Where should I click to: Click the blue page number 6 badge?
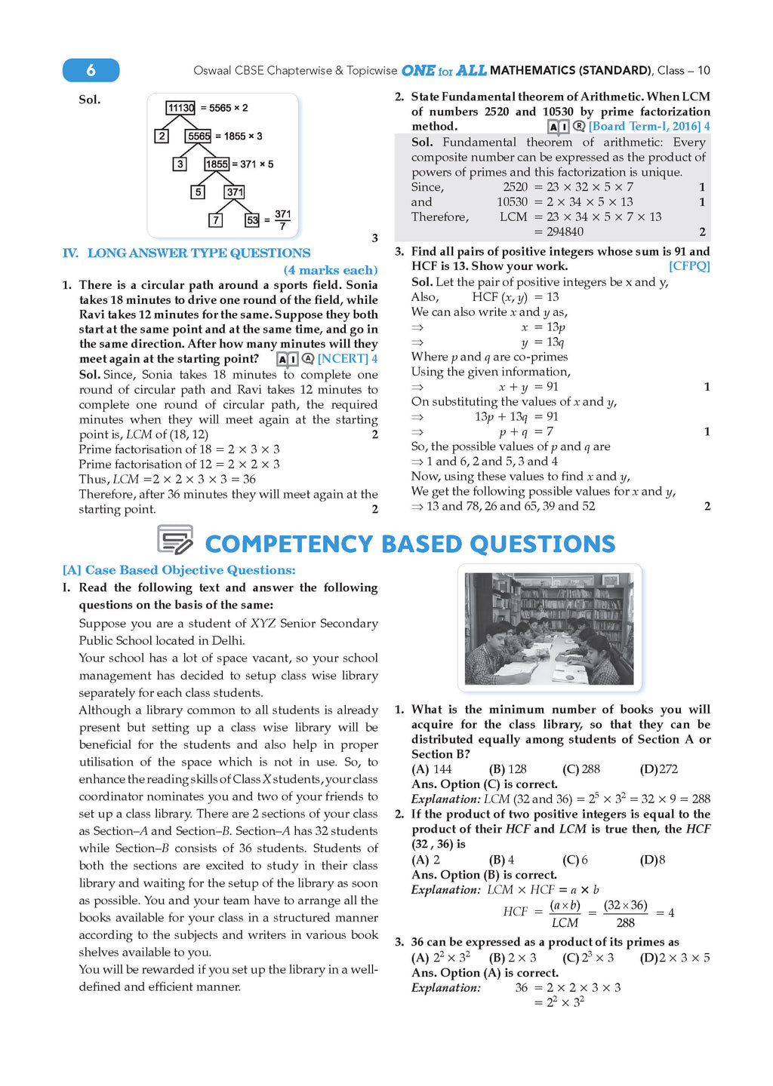click(91, 70)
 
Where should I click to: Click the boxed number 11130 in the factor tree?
click(180, 108)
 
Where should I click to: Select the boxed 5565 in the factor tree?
click(199, 136)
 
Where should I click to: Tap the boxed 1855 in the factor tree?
click(217, 164)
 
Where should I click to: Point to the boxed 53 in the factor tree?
click(252, 220)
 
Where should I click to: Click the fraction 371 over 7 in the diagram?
click(282, 220)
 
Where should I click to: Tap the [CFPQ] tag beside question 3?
click(689, 266)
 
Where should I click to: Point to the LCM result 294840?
click(565, 232)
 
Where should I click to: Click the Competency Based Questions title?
click(410, 544)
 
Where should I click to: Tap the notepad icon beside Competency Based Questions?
click(175, 540)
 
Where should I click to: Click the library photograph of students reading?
click(549, 628)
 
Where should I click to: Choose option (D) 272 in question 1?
click(659, 769)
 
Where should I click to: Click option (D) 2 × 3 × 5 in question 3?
click(675, 958)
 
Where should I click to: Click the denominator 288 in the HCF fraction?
click(625, 922)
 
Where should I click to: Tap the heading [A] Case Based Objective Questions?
click(179, 570)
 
